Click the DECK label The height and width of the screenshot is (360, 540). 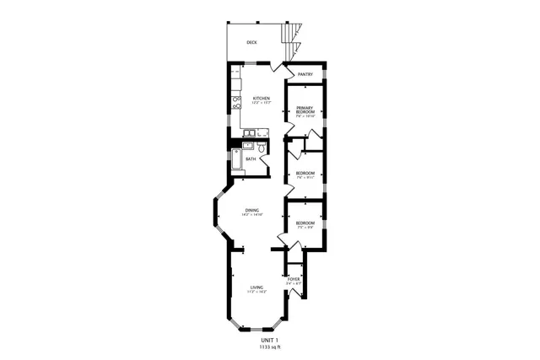coord(251,42)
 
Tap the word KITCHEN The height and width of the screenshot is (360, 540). coord(262,99)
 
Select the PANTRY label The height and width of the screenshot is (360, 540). coord(305,74)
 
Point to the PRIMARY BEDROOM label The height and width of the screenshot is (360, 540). coord(305,110)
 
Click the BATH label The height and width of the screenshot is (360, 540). coord(251,159)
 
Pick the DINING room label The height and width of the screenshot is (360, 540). coord(252,210)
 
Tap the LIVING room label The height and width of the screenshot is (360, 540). coord(256,287)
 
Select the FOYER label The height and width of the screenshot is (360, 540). coord(294,278)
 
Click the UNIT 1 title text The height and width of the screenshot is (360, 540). coord(269,339)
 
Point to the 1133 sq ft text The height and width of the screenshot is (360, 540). coord(269,347)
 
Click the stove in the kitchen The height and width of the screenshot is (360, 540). coord(237,105)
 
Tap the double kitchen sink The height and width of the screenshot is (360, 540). coord(253,132)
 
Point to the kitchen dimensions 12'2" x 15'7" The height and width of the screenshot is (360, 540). coord(262,104)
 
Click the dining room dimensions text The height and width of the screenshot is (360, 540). coord(252,215)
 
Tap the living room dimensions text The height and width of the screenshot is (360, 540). coord(256,292)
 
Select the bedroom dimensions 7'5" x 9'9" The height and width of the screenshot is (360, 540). coord(305,228)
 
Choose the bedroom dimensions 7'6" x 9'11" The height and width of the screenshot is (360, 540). coord(305,178)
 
